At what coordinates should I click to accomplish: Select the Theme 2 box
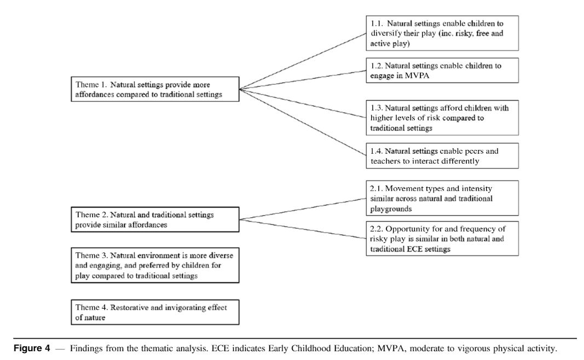(156, 219)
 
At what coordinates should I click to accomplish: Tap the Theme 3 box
(156, 265)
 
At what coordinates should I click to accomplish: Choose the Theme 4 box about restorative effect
(156, 312)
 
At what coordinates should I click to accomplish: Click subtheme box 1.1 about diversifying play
(442, 33)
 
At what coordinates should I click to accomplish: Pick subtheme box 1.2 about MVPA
(442, 70)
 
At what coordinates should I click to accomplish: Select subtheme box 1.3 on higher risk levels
(442, 118)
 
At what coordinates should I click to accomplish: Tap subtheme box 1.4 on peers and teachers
(442, 156)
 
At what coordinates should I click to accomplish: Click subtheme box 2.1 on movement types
(442, 198)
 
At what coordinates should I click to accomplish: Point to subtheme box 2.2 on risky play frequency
(442, 239)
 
